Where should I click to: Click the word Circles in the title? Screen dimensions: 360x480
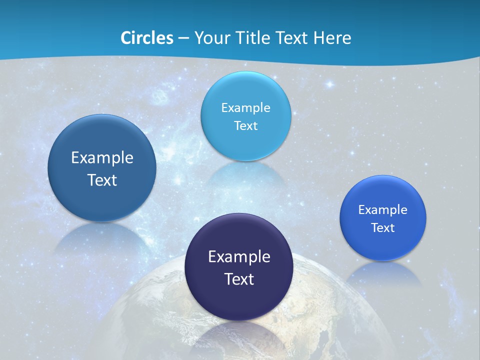[x=146, y=38]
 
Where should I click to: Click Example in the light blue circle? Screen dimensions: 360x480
[x=245, y=107]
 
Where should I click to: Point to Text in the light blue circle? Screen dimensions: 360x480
[x=245, y=125]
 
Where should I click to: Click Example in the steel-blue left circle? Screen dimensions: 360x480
[x=102, y=158]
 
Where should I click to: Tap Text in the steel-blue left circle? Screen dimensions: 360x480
[x=102, y=180]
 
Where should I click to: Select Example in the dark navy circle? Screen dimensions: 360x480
[x=239, y=257]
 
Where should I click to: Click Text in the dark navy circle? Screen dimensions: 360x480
[x=239, y=279]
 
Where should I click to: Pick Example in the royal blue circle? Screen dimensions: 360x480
[x=382, y=210]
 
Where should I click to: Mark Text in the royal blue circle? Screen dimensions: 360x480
[x=383, y=228]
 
